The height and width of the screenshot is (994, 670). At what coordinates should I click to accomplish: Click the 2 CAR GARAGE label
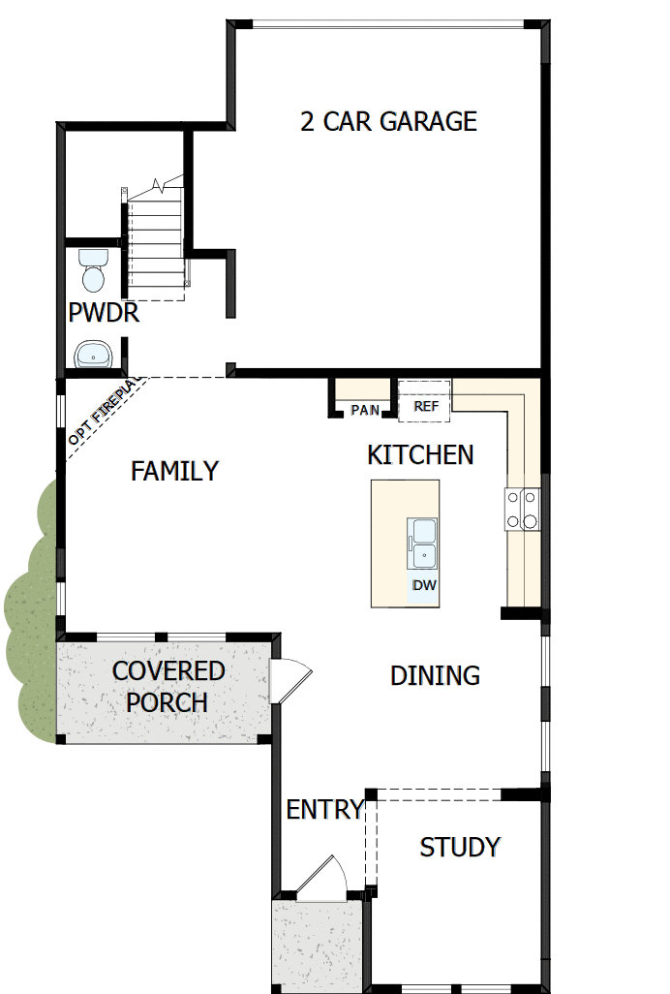(x=388, y=121)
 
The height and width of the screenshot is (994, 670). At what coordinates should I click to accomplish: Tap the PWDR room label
(x=104, y=314)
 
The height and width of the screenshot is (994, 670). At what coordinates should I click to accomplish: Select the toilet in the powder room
(x=94, y=269)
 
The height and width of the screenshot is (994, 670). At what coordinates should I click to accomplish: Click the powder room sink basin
(x=94, y=355)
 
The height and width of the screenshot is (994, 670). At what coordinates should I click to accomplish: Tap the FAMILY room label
(x=174, y=471)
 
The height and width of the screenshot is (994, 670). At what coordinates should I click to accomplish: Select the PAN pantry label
(x=365, y=410)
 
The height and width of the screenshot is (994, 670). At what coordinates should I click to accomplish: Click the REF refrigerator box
(x=426, y=406)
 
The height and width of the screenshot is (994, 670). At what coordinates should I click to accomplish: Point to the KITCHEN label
(x=420, y=454)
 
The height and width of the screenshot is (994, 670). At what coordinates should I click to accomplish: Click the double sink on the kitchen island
(x=423, y=544)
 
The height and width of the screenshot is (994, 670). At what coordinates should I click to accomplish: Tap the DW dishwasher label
(x=424, y=585)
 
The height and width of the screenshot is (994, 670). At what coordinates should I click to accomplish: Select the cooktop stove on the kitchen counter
(x=522, y=509)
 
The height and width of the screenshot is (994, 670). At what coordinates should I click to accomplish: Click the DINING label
(x=435, y=675)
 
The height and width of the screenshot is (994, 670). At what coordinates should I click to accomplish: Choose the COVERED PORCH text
(x=167, y=686)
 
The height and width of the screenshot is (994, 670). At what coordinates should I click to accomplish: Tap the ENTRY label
(x=324, y=809)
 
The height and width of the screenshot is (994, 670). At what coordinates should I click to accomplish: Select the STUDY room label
(x=459, y=847)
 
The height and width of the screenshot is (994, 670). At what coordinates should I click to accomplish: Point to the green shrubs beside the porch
(x=29, y=610)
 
